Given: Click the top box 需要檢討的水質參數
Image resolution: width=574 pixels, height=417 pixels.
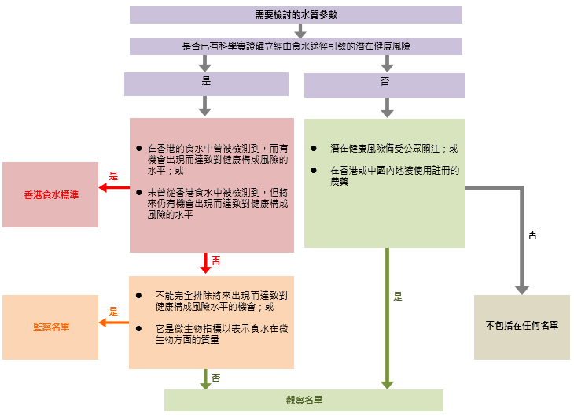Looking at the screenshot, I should [296, 15].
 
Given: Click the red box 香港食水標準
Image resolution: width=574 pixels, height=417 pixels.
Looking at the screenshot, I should [50, 194].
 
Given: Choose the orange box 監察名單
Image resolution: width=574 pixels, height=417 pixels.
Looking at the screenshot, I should [50, 327].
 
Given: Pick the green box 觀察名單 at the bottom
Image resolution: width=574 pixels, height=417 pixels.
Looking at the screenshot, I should [304, 400].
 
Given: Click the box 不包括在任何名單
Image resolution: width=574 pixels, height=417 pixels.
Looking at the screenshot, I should [521, 327].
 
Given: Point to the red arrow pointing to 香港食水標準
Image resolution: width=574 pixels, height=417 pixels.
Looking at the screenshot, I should [113, 187].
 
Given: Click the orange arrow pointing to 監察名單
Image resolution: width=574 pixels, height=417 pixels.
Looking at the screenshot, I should [113, 322].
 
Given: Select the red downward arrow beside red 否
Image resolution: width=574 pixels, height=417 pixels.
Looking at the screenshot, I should [206, 263].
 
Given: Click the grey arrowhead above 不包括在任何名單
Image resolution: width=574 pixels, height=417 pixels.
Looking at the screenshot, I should [521, 288].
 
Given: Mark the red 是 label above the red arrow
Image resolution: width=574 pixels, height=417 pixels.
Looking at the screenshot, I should [113, 176].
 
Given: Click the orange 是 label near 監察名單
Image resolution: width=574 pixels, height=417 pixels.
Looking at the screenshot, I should [113, 311].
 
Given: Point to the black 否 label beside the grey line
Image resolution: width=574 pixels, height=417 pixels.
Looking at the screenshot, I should [532, 234].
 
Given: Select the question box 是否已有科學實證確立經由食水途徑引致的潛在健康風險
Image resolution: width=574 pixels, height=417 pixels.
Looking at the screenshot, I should [296, 46].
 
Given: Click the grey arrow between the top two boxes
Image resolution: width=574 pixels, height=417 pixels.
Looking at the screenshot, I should [300, 31].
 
